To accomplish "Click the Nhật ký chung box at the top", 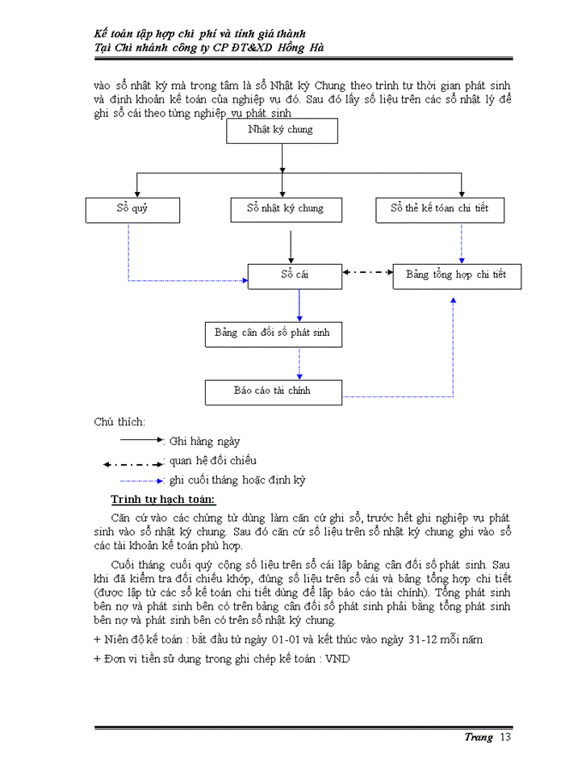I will pos(280,130).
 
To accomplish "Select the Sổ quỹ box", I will pos(132,209).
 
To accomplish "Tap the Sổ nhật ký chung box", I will pos(285,209).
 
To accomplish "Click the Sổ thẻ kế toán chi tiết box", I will pos(444,209).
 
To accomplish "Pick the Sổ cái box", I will pos(295,275).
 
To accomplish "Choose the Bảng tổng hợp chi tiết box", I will pos(456,275).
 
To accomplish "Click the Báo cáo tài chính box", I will pos(272,391).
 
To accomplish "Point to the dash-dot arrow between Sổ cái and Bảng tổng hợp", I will pos(367,273).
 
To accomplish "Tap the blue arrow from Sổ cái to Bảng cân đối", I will pos(299,304).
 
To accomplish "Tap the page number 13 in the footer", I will pos(506,737).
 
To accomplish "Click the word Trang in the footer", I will pos(478,737).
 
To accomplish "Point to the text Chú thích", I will pos(119,421).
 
